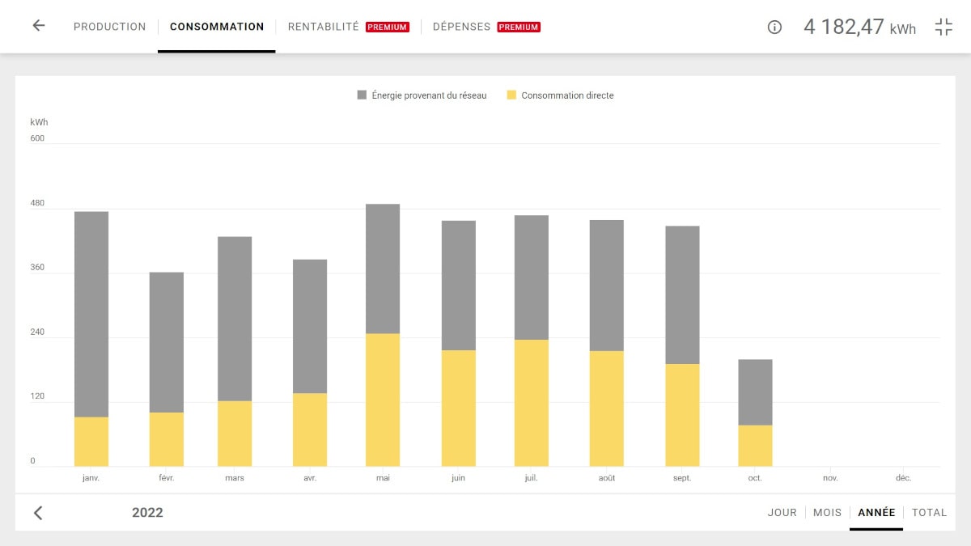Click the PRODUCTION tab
pos(109,27)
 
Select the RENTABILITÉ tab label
pos(324,27)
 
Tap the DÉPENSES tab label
pos(461,27)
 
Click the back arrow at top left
pos(38,26)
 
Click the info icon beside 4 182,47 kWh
pos(774,27)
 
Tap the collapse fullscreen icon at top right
pos(943,27)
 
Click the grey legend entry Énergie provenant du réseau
pos(422,95)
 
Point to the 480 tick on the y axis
pos(37,203)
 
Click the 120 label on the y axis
pos(37,397)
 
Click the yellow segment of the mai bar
pos(383,400)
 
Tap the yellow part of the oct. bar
pos(755,446)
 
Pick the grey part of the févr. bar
pos(166,342)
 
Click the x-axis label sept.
pos(682,478)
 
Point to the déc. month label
pos(903,478)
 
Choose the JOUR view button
pos(782,512)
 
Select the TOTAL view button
pos(929,512)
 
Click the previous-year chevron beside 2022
pos(38,513)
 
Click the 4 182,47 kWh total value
pos(859,27)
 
